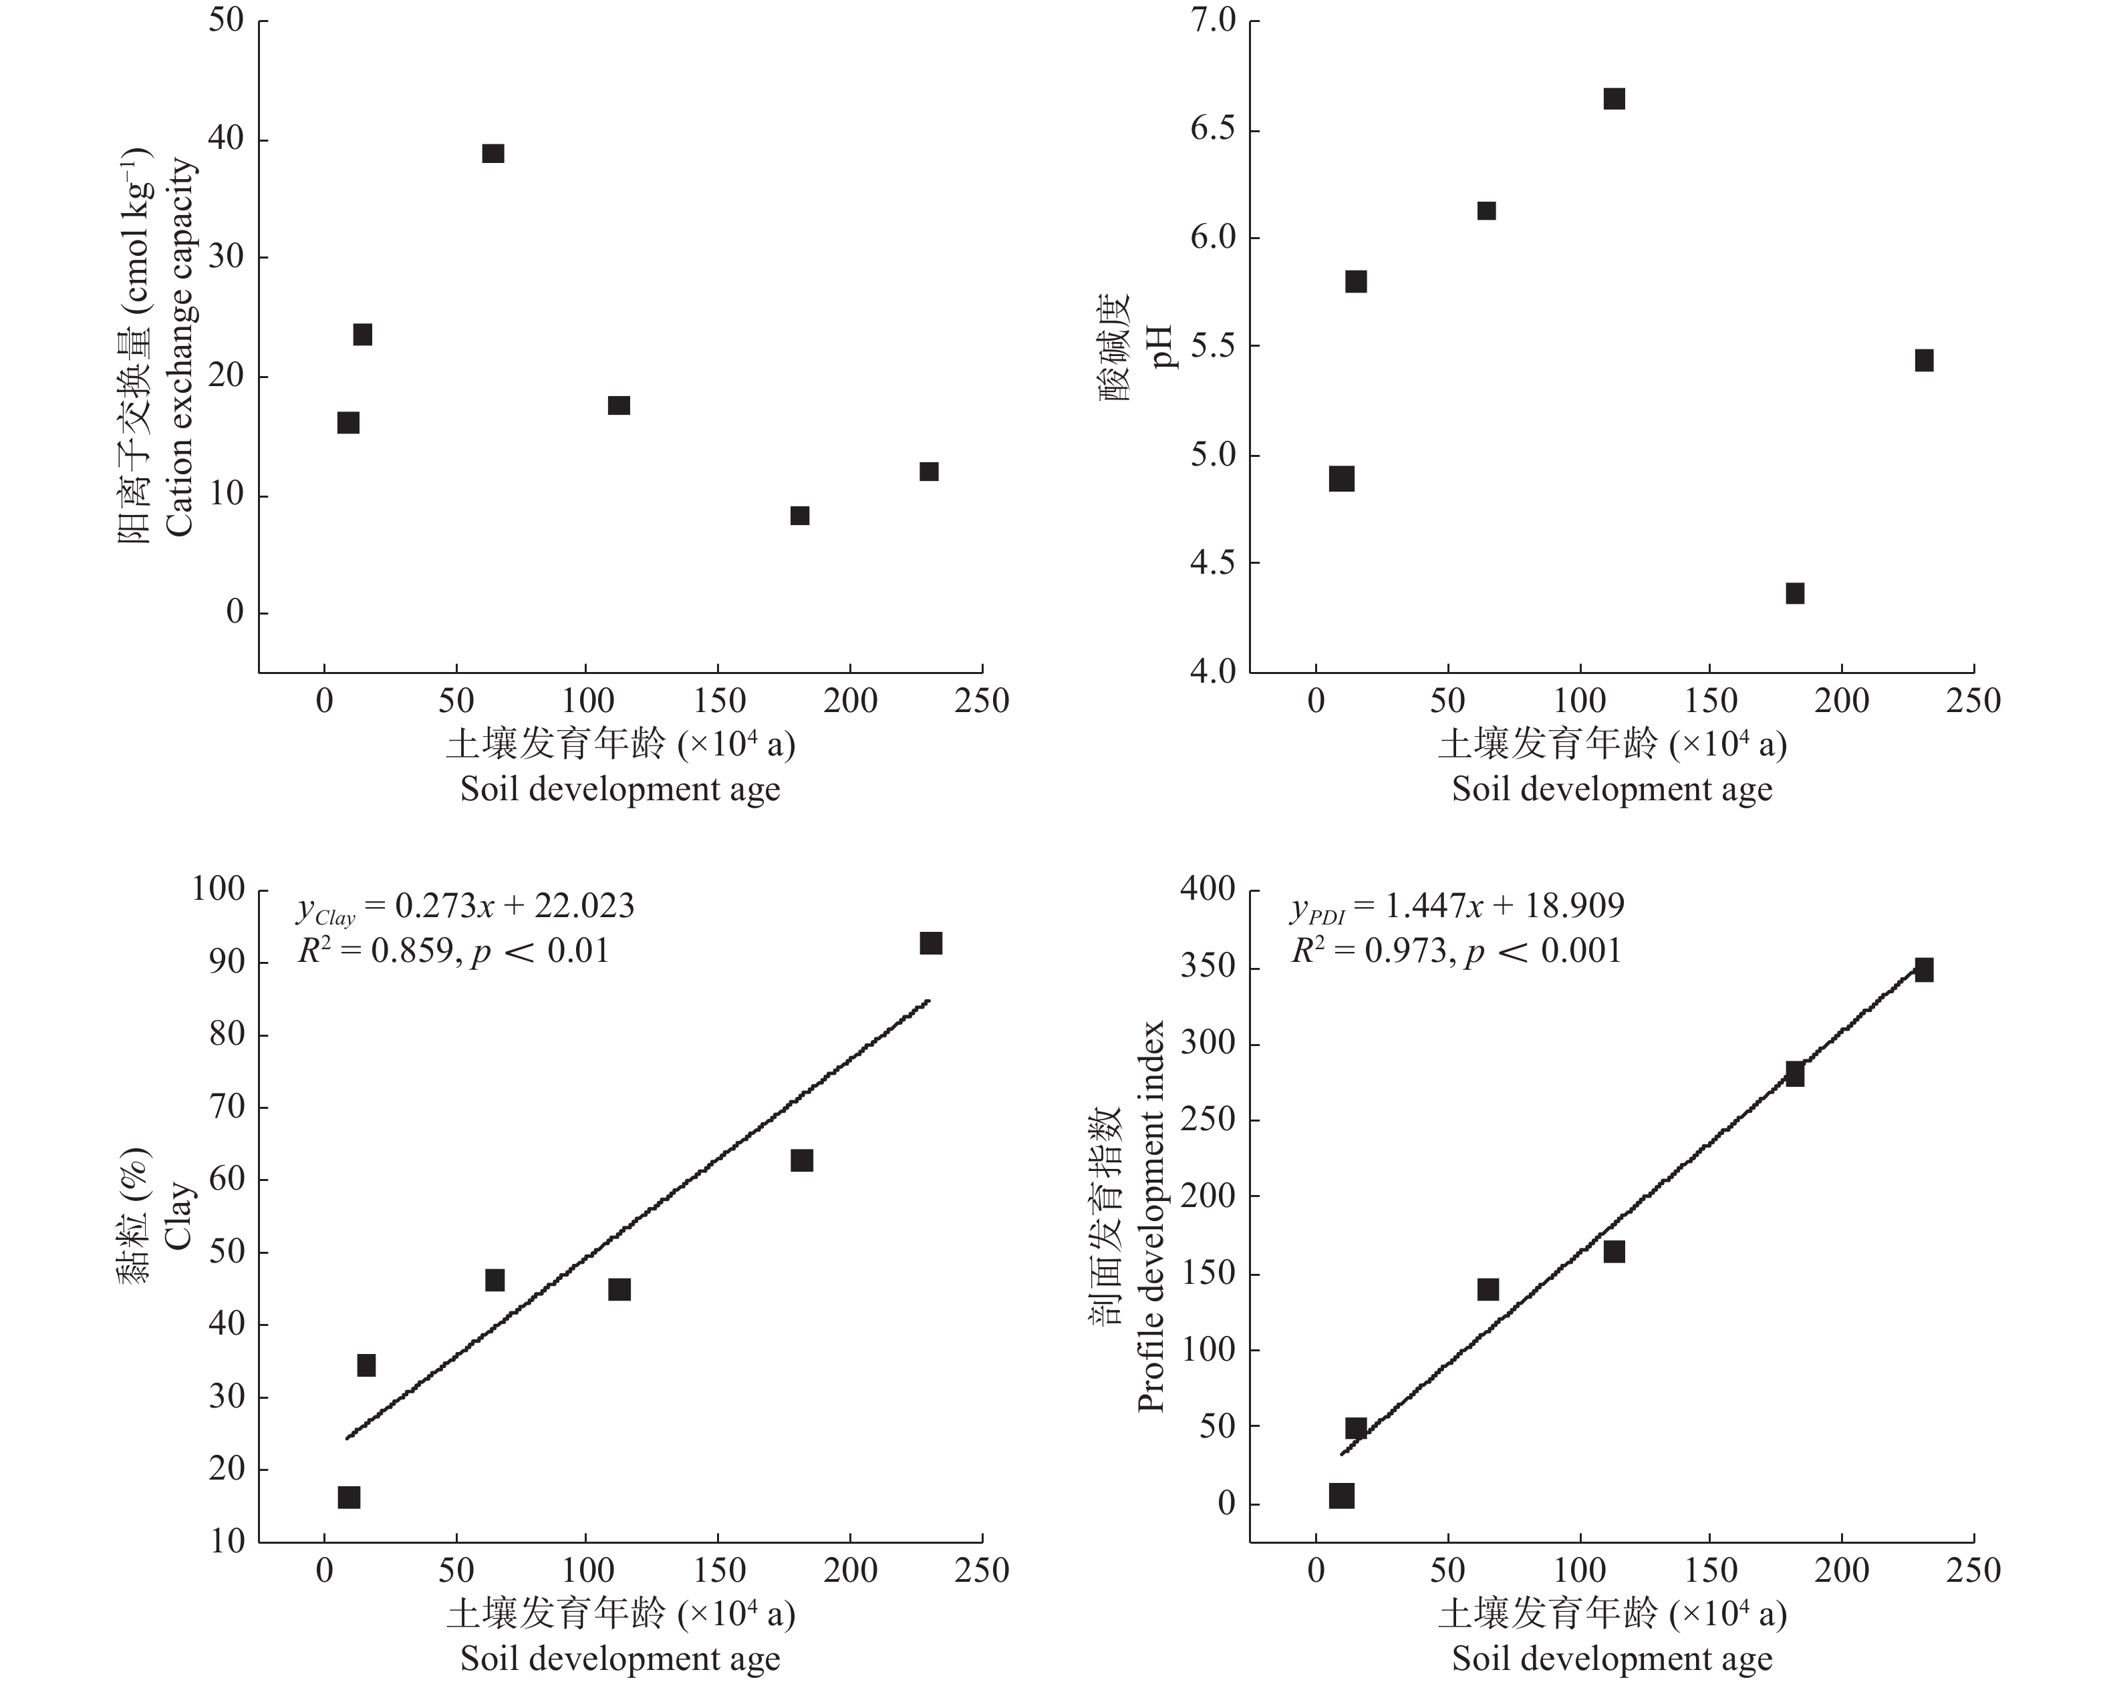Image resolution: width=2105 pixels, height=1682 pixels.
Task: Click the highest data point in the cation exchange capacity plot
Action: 493,153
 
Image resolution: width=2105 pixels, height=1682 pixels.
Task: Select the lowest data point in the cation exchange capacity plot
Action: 800,516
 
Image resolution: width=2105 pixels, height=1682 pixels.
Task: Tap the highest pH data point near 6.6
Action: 1614,99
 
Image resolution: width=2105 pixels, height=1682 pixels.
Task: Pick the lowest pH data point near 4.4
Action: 1794,594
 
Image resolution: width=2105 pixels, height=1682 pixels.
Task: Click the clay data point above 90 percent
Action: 930,943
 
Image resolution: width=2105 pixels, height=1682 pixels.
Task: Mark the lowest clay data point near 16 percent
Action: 349,1498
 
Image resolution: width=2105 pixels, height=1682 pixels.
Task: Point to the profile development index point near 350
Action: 1923,969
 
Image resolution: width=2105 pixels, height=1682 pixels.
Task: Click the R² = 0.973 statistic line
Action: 1455,951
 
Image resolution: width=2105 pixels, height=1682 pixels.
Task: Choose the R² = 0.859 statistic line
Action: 454,951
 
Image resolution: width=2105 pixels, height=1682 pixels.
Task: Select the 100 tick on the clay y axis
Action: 218,889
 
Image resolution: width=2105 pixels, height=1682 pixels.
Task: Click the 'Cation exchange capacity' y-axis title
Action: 180,347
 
